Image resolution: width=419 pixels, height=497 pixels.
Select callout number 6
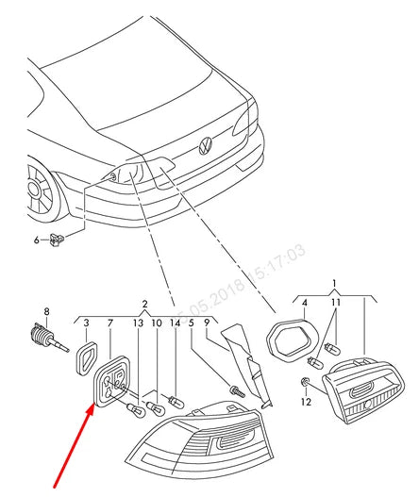pyautogui.click(x=37, y=240)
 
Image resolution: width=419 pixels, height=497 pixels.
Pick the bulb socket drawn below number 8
pyautogui.click(x=43, y=339)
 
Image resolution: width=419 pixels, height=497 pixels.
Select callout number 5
pyautogui.click(x=191, y=323)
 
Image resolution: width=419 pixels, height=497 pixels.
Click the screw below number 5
pyautogui.click(x=235, y=389)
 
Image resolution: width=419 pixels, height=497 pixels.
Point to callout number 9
pyautogui.click(x=207, y=323)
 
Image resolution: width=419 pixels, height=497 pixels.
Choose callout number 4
pyautogui.click(x=304, y=303)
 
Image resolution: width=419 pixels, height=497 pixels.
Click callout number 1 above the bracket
pyautogui.click(x=333, y=283)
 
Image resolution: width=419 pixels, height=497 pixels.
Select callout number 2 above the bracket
pyautogui.click(x=144, y=304)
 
